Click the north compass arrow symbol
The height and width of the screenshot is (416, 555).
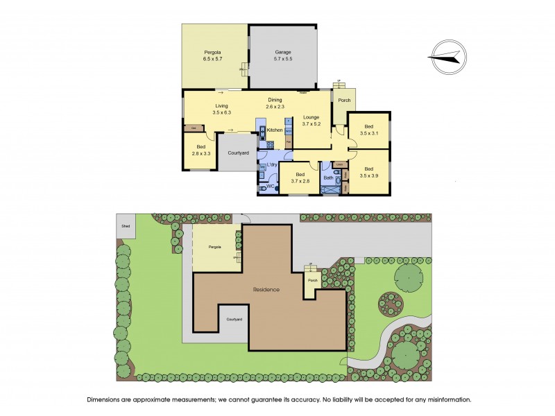pos(447,55)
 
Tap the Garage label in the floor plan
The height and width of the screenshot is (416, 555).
pos(282,56)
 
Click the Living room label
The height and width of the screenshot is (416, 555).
pos(221,109)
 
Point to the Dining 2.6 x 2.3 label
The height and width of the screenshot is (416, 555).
pos(275,103)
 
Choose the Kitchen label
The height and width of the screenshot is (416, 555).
pos(275,130)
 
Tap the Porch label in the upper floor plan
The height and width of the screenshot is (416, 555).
pos(343,101)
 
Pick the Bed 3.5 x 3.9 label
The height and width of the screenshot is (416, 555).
pos(368,173)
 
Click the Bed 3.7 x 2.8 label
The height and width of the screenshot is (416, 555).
pos(300,177)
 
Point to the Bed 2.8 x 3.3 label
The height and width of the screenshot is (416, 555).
pos(200,151)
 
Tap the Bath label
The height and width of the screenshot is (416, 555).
pos(328,178)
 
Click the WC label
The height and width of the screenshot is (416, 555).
pos(270,187)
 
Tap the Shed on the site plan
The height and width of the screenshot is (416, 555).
pos(126,226)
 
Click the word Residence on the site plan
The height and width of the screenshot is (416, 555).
pos(266,289)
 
